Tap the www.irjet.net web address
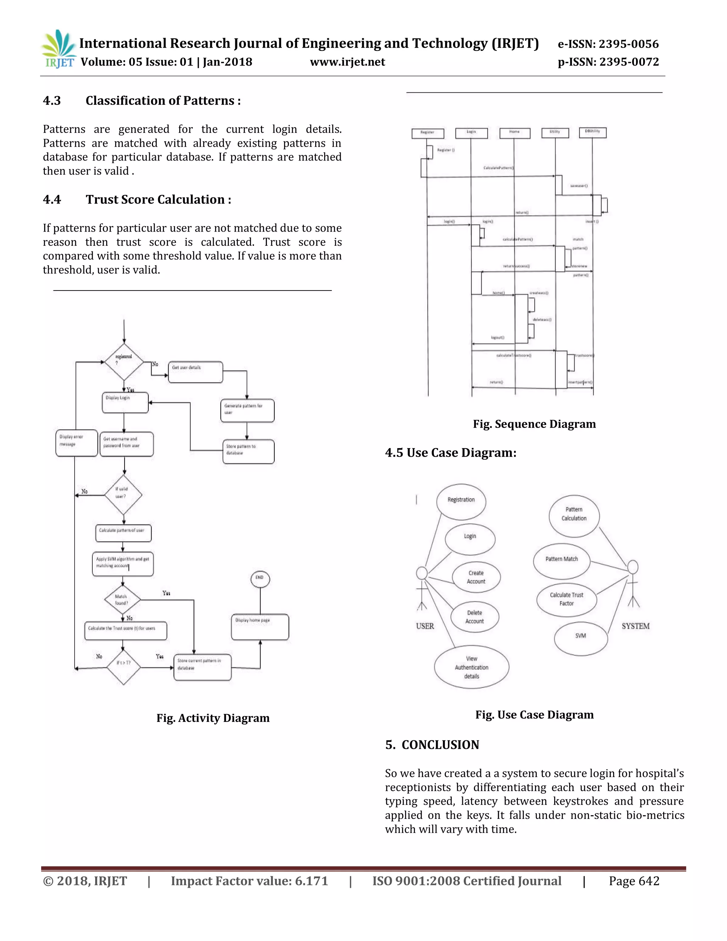click(x=347, y=62)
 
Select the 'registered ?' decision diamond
click(x=124, y=361)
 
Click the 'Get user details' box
click(x=195, y=372)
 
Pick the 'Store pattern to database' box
click(x=248, y=451)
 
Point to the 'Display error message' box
click(x=76, y=442)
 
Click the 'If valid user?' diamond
click(x=123, y=495)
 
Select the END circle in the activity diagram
click(x=260, y=579)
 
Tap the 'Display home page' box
click(x=260, y=626)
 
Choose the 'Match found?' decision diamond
click(x=123, y=599)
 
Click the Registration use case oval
click(x=461, y=501)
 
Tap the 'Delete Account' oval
click(x=475, y=617)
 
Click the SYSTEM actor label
click(x=635, y=626)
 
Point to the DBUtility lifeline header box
click(x=592, y=132)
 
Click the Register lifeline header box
click(x=427, y=133)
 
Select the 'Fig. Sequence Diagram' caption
click(x=534, y=424)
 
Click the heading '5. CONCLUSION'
click(x=432, y=745)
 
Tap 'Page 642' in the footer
click(x=634, y=881)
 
